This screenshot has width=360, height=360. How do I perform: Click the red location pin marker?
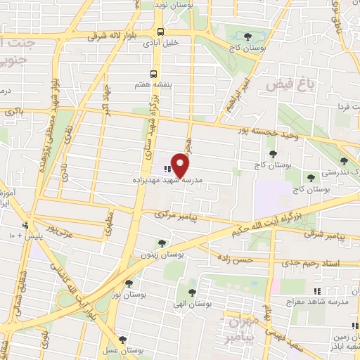tap(181, 165)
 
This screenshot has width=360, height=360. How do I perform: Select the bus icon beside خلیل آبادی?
tap(161, 32)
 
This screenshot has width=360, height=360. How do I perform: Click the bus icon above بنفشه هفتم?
tap(154, 73)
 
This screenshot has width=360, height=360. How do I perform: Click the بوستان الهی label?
tap(191, 303)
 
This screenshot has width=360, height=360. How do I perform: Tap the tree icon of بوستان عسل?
tap(124, 340)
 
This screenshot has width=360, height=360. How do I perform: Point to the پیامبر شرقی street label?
tap(325, 236)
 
